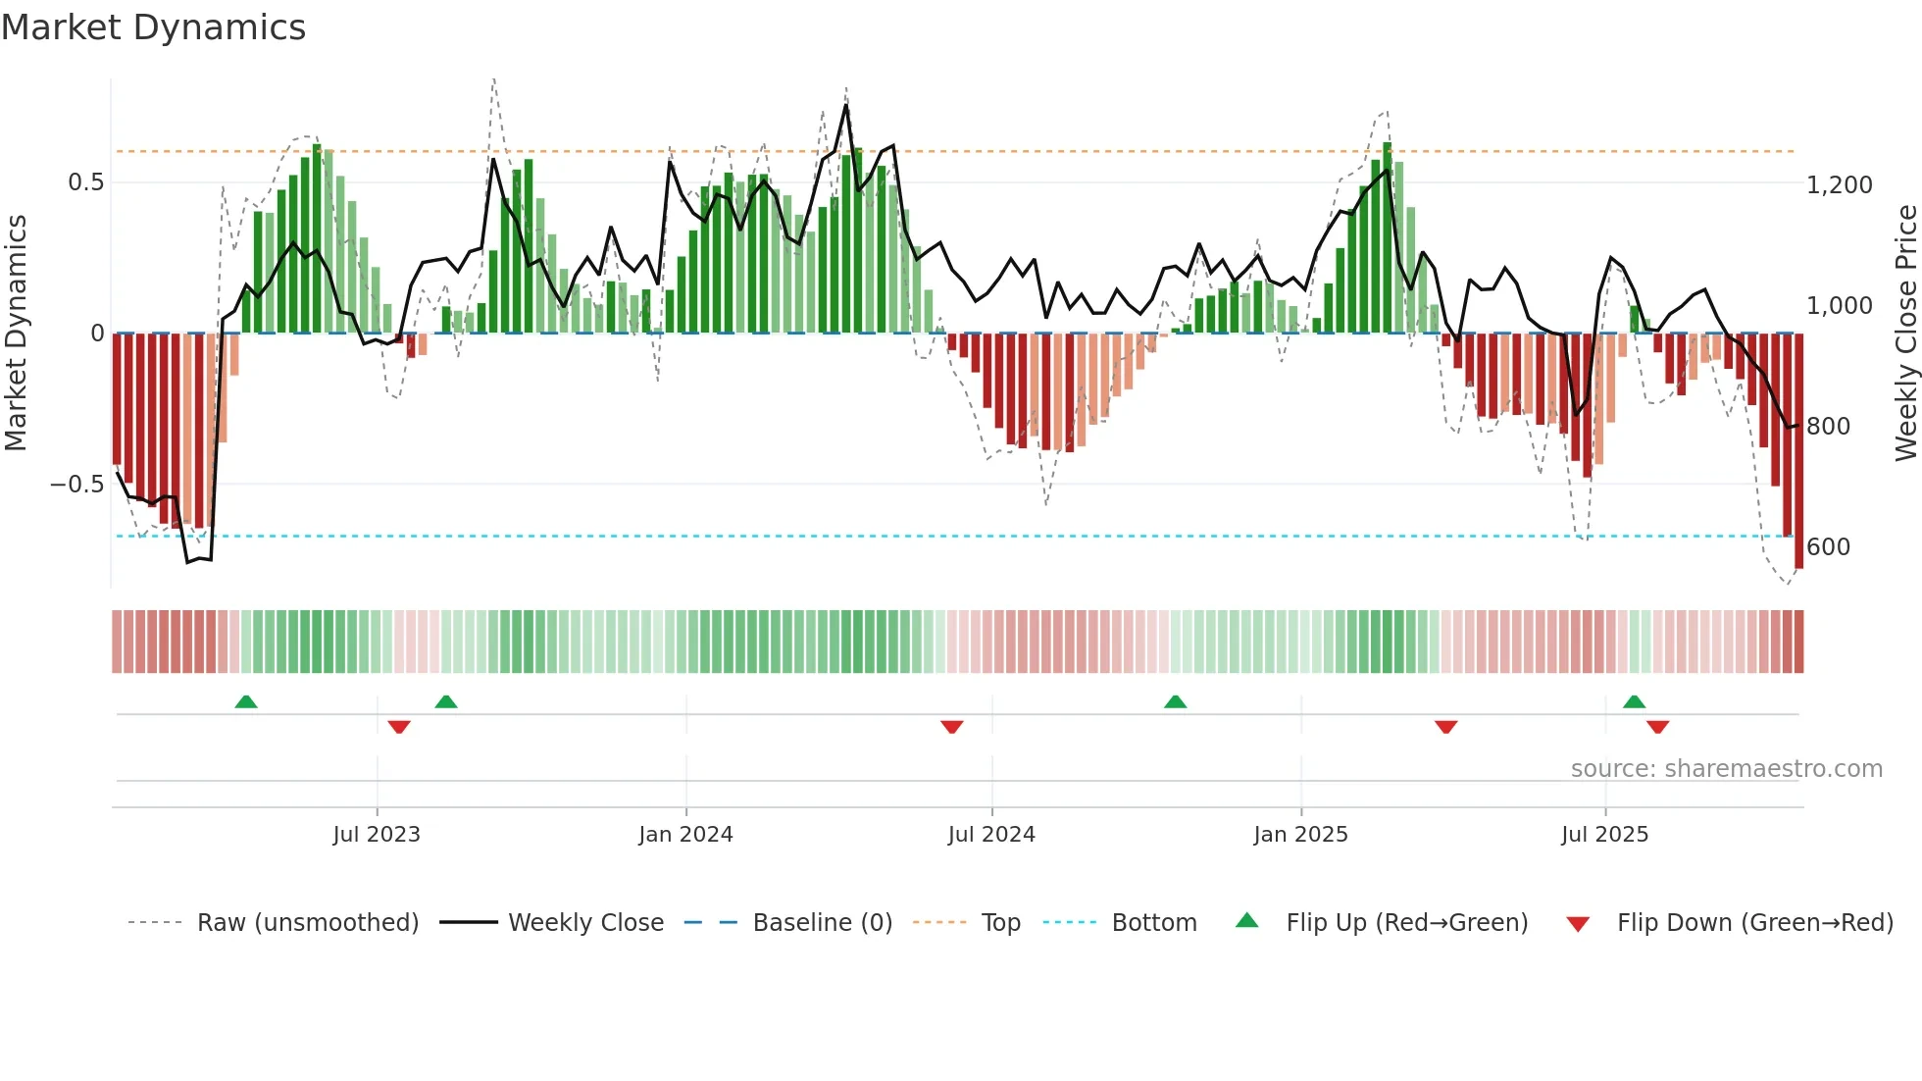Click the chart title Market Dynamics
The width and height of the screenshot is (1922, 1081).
154,27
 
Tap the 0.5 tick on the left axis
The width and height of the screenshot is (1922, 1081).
85,182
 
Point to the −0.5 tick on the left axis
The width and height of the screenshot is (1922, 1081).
76,485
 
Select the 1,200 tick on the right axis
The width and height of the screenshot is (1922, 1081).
1840,185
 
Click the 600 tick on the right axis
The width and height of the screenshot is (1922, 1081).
1828,547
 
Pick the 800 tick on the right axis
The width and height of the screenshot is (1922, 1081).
1828,427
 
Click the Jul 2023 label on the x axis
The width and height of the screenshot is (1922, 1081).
377,835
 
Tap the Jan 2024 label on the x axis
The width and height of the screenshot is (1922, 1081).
685,835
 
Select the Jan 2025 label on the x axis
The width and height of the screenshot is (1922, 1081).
1300,835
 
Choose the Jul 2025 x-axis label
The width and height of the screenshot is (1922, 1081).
1604,835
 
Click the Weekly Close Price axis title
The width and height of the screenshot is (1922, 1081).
1905,334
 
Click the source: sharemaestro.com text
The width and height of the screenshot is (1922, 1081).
1726,769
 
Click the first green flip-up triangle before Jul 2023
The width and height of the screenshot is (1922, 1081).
246,702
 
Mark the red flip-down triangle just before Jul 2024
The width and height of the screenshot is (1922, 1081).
951,727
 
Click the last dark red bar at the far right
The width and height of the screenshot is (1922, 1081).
1798,451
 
